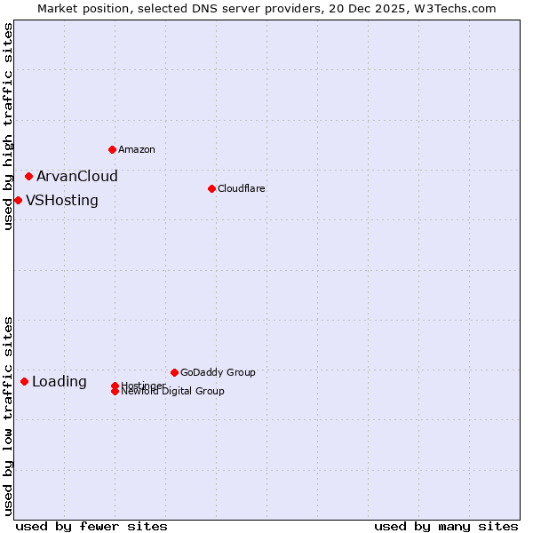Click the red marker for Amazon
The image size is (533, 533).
coord(112,149)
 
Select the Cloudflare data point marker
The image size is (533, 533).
coord(211,188)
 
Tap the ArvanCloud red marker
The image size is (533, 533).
coord(28,176)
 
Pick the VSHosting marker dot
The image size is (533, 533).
coord(18,200)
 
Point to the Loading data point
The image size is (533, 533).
coord(24,381)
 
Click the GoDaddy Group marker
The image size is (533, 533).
coord(174,372)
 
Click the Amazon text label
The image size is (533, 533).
coord(137,149)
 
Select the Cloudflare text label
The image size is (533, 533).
coord(242,188)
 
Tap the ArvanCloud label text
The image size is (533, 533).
coord(77,176)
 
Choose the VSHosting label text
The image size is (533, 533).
coord(62,200)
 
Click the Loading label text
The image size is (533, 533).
coord(60,382)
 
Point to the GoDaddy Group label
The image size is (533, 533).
coord(218,372)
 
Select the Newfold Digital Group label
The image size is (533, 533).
coord(173,391)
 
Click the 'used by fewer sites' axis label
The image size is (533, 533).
coord(91,526)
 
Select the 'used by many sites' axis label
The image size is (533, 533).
coord(446,526)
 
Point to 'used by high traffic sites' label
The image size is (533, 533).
coord(8,126)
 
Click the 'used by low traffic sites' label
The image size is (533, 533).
coord(8,416)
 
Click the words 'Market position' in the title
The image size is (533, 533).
coord(79,8)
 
